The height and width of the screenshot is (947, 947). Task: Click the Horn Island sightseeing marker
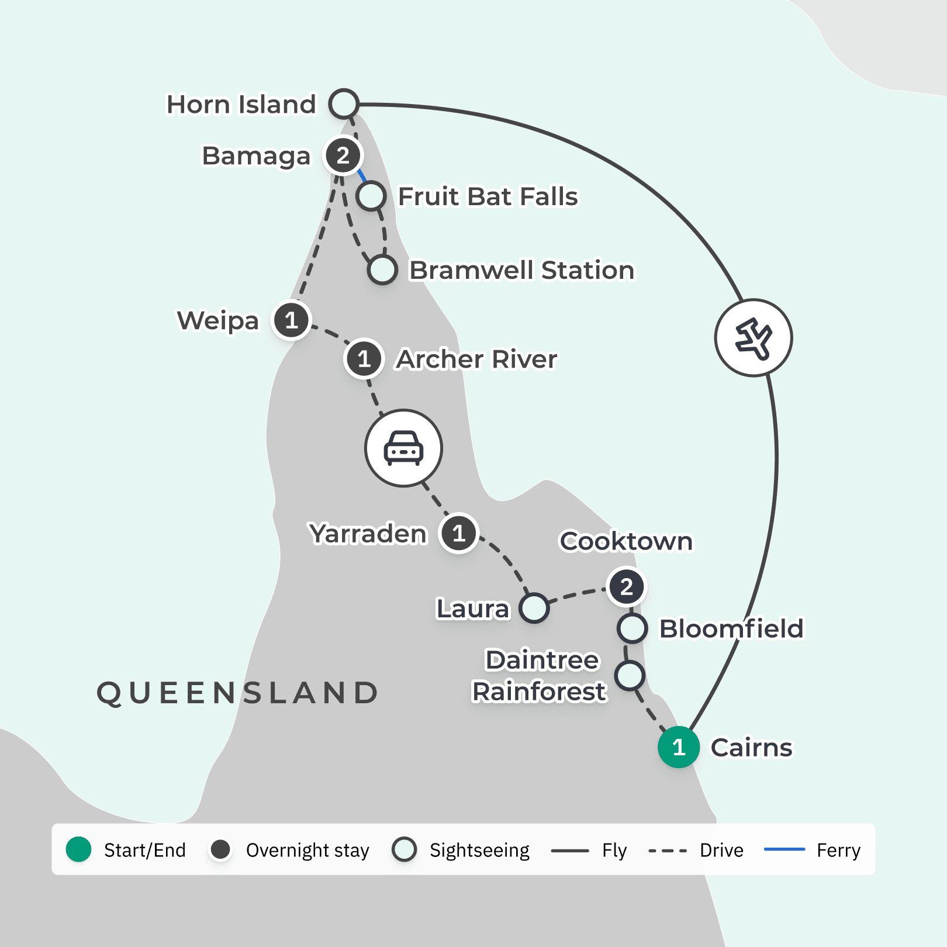[x=344, y=104]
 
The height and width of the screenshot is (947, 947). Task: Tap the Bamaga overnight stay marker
[x=343, y=155]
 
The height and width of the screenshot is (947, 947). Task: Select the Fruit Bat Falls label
[x=488, y=196]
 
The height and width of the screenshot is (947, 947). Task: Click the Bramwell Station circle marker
[x=382, y=269]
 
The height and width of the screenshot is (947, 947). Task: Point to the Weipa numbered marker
[x=291, y=320]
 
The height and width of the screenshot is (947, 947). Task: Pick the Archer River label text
[x=476, y=359]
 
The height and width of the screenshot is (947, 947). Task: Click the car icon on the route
[x=403, y=448]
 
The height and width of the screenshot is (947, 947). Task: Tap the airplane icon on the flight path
[x=754, y=338]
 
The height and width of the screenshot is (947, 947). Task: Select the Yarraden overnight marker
[x=459, y=533]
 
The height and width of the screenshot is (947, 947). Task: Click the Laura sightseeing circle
[x=534, y=608]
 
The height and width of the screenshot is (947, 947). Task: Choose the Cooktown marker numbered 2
[x=626, y=586]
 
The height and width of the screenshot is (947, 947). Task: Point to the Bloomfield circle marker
[x=632, y=628]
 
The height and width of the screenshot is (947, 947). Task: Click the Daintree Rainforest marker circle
[x=630, y=676]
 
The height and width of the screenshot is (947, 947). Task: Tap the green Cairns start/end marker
[x=679, y=746]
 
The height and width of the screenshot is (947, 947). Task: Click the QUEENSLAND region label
[x=237, y=693]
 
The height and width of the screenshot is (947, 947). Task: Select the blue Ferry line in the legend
[x=784, y=849]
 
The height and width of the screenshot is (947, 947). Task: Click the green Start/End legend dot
[x=79, y=849]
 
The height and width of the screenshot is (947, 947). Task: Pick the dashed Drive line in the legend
[x=668, y=851]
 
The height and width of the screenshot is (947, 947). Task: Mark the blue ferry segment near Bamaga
[x=362, y=175]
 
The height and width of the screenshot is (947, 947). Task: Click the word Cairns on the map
[x=751, y=747]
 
